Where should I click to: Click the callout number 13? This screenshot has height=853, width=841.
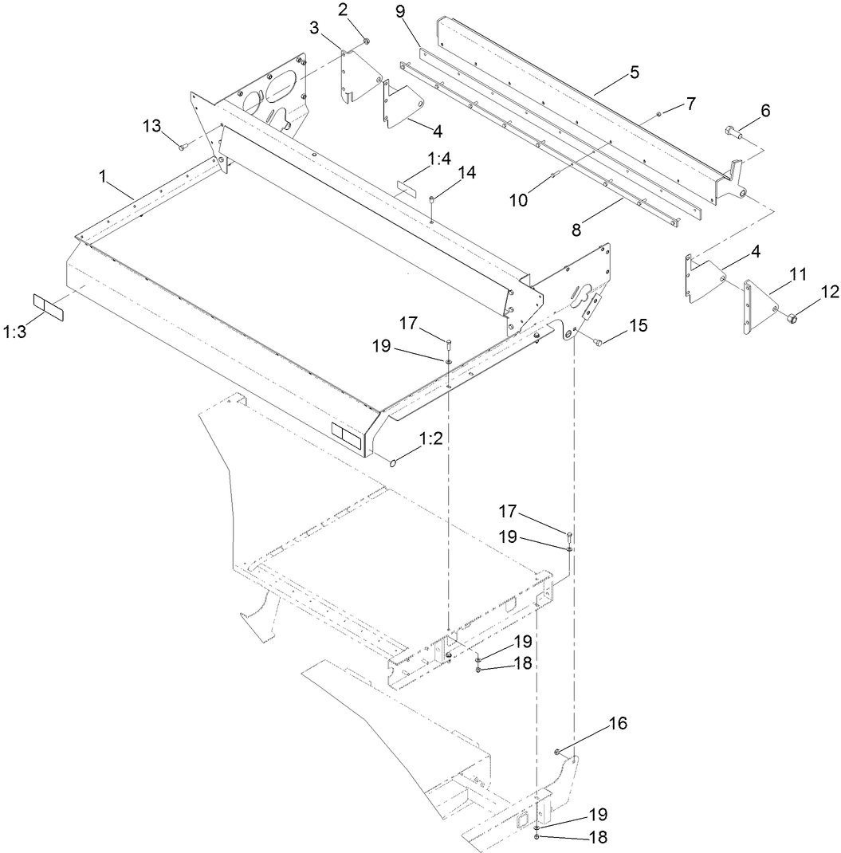coord(152,125)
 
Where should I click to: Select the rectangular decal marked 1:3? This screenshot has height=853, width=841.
coord(48,306)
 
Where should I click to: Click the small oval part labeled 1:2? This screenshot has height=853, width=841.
coord(395,461)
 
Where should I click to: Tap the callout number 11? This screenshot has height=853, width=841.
coord(798,275)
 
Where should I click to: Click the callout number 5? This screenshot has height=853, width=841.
coord(634,73)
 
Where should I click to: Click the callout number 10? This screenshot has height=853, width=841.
coord(518,201)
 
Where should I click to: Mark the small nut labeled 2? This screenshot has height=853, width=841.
coord(365,41)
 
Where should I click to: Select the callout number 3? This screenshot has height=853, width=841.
coord(315,28)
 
